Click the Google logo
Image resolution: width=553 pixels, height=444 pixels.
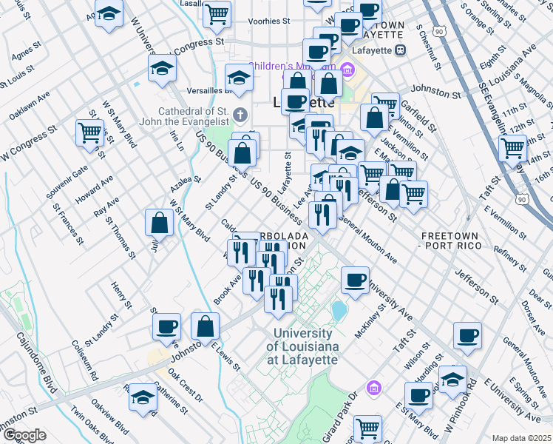click(x=24, y=435)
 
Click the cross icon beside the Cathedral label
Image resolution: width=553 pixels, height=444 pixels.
click(x=239, y=115)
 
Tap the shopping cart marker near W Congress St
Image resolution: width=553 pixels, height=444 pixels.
click(x=89, y=132)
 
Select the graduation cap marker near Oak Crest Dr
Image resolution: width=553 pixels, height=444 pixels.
click(x=143, y=397)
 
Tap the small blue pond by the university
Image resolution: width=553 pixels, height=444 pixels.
click(x=339, y=310)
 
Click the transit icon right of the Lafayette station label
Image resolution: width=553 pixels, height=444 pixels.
click(x=400, y=50)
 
